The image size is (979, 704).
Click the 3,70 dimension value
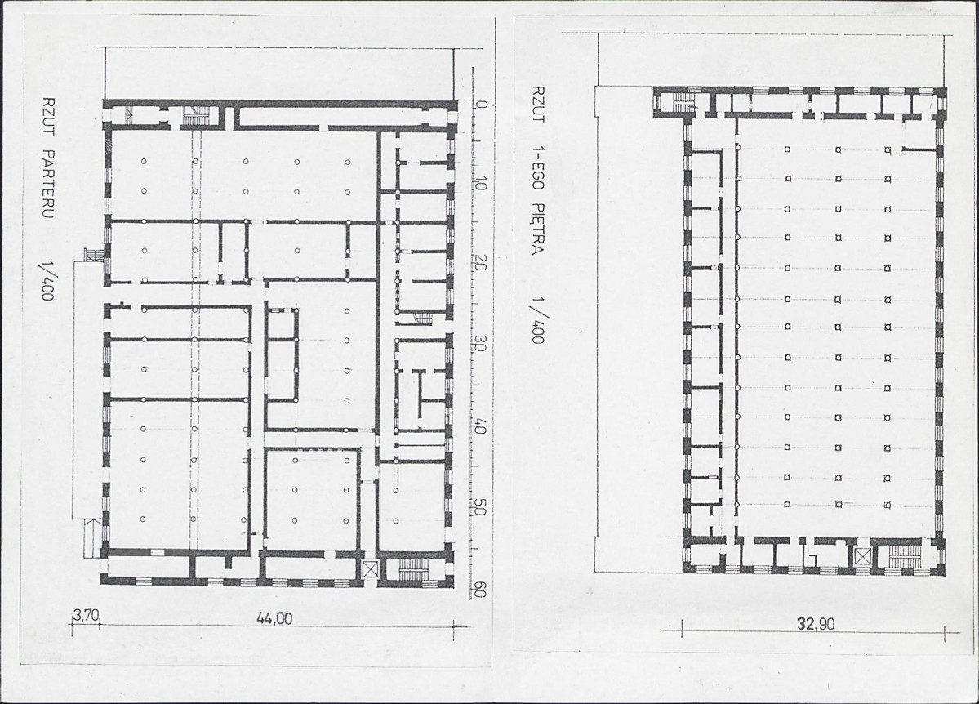(86, 615)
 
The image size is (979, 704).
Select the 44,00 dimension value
(274, 618)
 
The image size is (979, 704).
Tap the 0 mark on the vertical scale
(481, 104)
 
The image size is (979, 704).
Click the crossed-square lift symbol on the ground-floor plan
(371, 569)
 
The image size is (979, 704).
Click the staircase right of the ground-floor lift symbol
(412, 568)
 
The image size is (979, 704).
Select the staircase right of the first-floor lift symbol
(905, 555)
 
